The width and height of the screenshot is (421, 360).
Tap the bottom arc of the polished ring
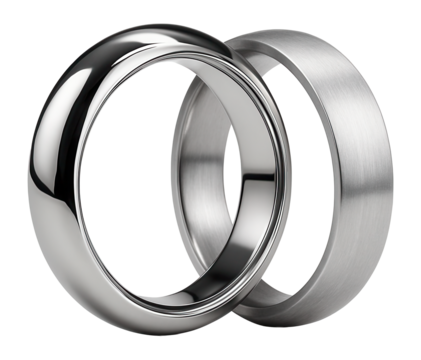(x=150, y=320)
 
